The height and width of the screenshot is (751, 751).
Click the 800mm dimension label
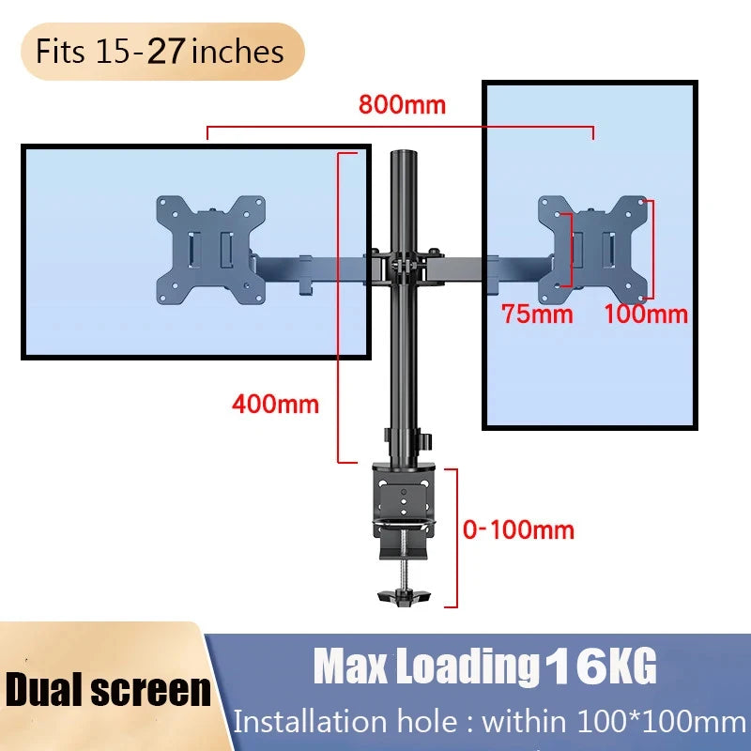(402, 104)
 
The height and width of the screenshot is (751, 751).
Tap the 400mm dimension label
(275, 405)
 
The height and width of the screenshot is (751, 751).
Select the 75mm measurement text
(536, 314)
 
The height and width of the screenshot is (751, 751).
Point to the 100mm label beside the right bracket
(646, 314)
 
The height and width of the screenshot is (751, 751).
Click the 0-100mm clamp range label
(518, 529)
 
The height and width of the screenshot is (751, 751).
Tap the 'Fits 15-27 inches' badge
(160, 51)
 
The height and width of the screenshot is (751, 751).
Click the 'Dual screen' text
(108, 689)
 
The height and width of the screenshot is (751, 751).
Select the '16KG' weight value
(601, 667)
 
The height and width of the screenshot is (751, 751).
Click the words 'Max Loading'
(422, 667)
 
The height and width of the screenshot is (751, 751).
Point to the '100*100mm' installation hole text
(656, 722)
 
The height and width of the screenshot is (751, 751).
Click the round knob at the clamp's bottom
(403, 595)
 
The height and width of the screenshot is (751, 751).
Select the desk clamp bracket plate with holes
(405, 498)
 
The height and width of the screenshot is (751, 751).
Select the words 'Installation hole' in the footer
(342, 722)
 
